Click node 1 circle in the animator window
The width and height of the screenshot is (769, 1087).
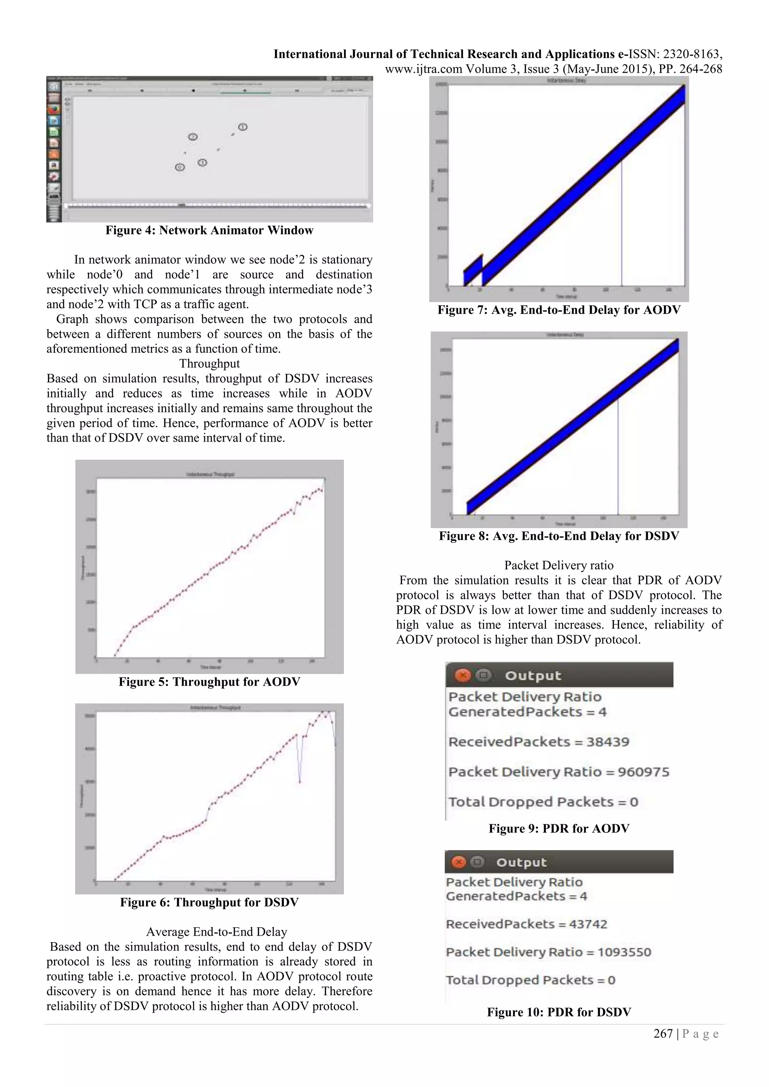243,127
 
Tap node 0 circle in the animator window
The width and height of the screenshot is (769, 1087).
179,167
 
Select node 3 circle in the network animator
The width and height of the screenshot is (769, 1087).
202,163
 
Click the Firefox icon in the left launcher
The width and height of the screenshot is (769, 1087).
54,109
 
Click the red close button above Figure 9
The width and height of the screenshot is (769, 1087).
463,675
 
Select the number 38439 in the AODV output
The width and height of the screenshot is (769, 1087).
608,742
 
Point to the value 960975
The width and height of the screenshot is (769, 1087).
644,772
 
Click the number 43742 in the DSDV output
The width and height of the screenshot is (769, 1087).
586,924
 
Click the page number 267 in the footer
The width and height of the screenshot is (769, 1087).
663,1034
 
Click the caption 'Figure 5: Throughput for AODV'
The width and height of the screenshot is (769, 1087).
209,682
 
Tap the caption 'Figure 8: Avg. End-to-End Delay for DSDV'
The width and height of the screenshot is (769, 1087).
559,536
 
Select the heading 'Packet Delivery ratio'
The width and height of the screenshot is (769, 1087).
559,565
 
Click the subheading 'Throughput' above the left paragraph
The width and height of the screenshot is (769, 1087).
209,364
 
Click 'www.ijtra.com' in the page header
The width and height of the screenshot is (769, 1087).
423,69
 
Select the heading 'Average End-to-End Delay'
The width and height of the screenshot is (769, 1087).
216,932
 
